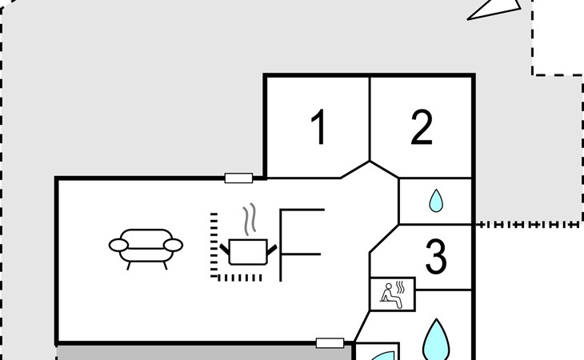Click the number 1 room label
pos(319,126)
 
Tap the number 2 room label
pos(422,127)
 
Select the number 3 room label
pos(436,257)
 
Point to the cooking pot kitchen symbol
pos(248,252)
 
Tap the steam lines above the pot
pos(250,219)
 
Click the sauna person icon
pos(392,295)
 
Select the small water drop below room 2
pos(436,201)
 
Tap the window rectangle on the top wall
pos(238,178)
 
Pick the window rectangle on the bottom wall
pos(330,343)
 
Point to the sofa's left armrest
pos(119,245)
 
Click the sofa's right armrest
pos(173,245)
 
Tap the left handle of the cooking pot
pos(225,249)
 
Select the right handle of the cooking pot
pos(272,250)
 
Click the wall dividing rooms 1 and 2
pos(370,119)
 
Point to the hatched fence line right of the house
pos(529,225)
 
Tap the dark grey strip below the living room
pos(204,353)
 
